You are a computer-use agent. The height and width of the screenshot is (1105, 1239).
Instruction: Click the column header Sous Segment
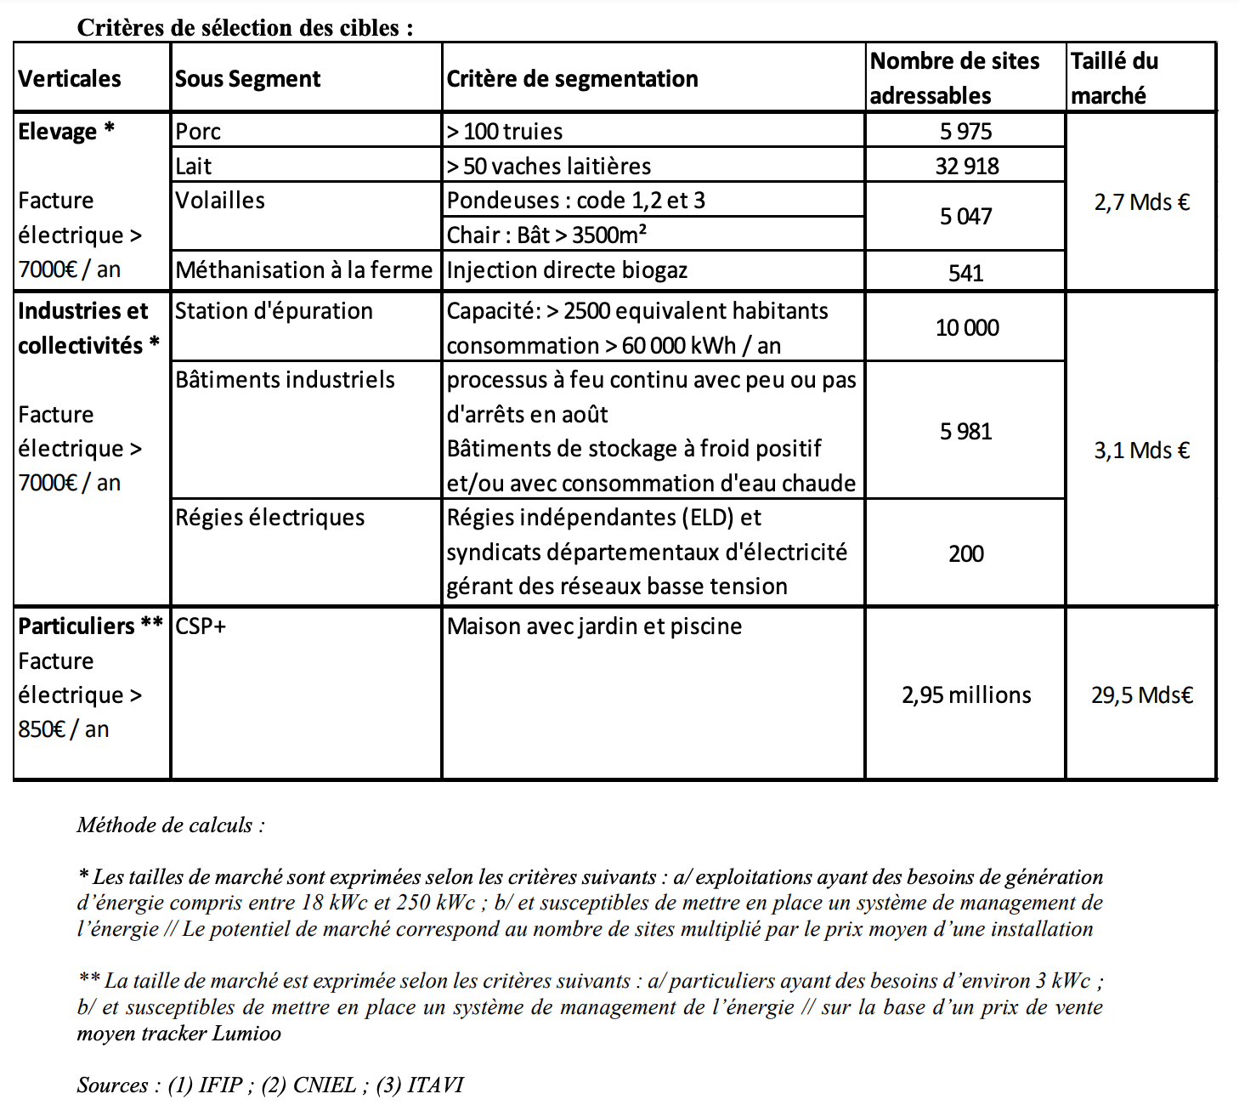[247, 79]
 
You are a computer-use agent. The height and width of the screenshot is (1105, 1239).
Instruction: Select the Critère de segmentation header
[572, 79]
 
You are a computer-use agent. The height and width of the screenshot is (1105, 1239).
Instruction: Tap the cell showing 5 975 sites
[965, 132]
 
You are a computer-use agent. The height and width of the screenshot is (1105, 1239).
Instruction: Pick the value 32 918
[966, 166]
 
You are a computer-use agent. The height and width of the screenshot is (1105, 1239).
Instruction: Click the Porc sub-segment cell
[198, 132]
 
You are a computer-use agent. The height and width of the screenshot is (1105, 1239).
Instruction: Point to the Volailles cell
[220, 201]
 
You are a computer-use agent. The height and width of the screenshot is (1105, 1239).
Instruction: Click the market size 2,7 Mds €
[1141, 202]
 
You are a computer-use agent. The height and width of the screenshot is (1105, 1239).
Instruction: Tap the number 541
[965, 273]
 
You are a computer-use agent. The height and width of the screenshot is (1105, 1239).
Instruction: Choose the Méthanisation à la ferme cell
[303, 270]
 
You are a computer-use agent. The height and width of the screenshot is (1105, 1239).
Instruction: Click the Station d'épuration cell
[274, 311]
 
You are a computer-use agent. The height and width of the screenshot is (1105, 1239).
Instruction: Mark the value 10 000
[966, 328]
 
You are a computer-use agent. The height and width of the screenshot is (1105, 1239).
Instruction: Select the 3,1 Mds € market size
[1141, 450]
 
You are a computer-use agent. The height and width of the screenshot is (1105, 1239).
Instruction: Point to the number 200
[966, 554]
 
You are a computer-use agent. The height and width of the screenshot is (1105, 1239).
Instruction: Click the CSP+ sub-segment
[201, 626]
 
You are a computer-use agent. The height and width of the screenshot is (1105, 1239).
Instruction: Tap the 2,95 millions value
[966, 695]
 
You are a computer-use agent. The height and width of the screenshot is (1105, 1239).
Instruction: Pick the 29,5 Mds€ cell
[1141, 695]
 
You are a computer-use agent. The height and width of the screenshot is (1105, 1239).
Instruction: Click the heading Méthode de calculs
[170, 825]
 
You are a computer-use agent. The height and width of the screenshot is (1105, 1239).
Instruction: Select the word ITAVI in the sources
[435, 1085]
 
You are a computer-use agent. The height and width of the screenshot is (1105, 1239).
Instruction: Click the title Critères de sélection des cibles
[245, 28]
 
